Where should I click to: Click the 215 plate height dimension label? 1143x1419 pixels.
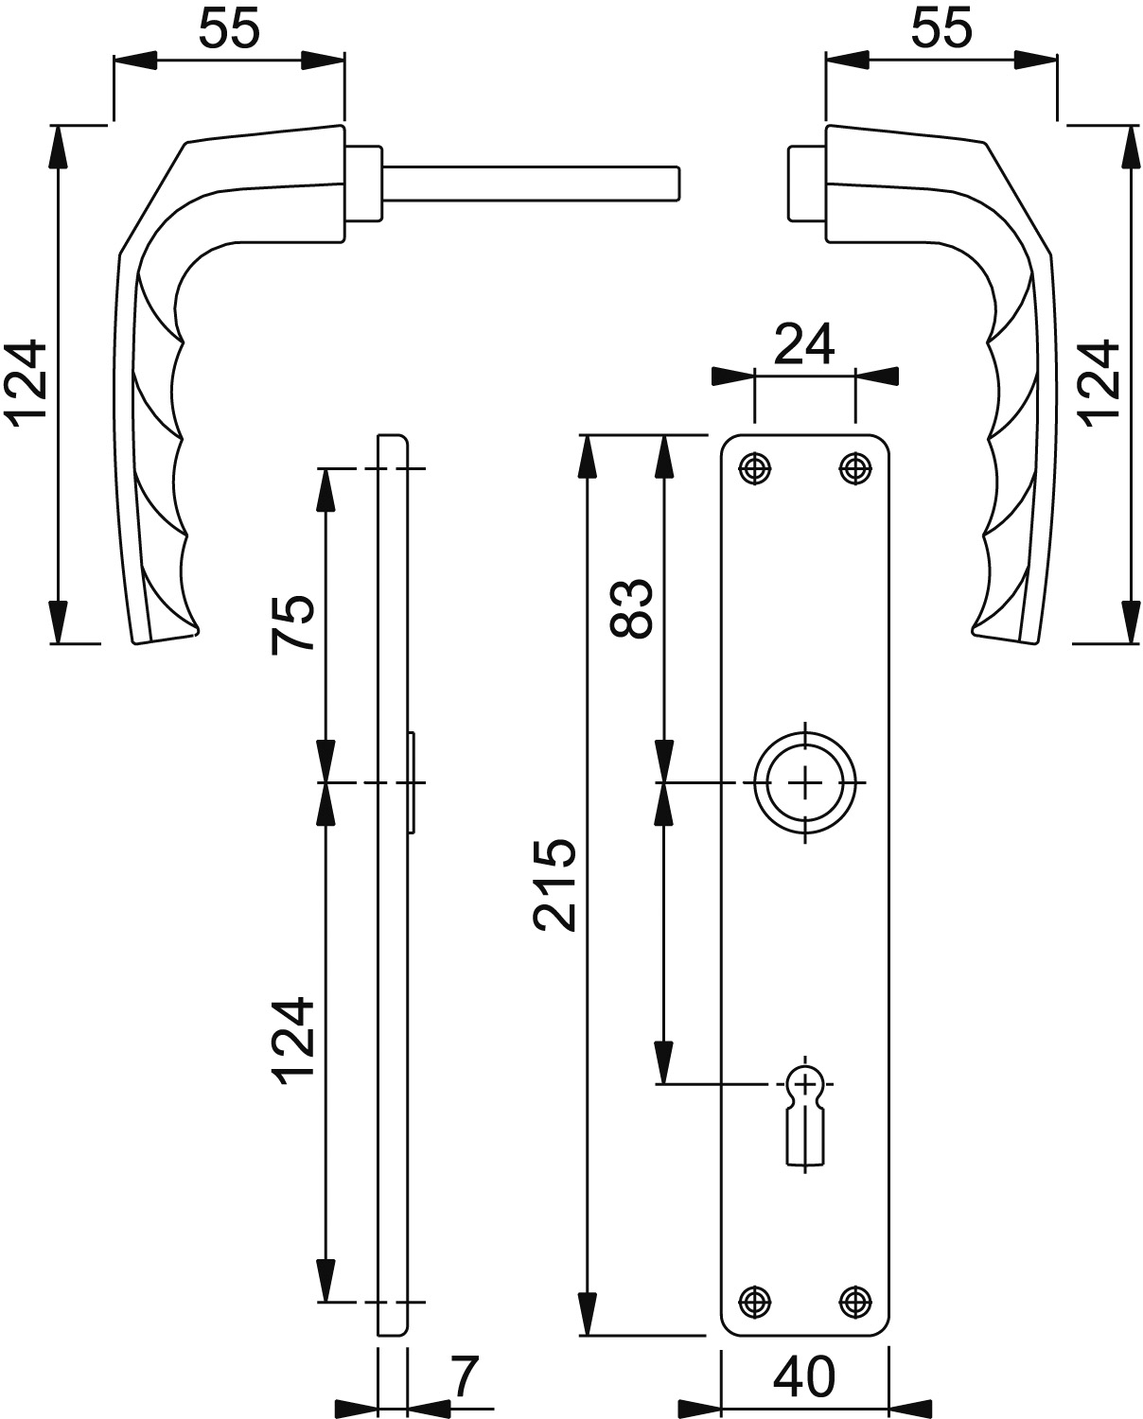tap(555, 885)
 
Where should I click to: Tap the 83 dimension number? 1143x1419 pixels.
tap(630, 608)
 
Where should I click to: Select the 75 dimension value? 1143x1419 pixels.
tap(292, 623)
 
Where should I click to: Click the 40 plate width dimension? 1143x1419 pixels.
tap(804, 1376)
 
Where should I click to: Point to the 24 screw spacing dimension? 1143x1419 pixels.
tap(804, 344)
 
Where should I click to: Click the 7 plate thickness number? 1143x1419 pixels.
tap(464, 1376)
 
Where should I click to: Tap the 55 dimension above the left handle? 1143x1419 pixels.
tap(230, 29)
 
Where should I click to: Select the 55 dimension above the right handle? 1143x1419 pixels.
tap(941, 29)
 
